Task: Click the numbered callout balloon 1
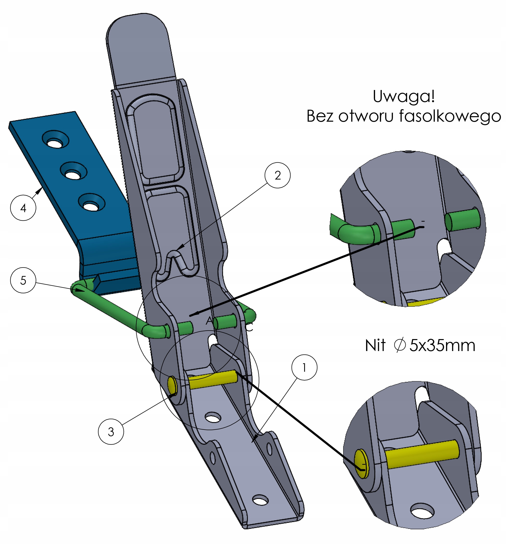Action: pyautogui.click(x=304, y=367)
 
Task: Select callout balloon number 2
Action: pyautogui.click(x=277, y=175)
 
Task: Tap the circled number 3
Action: pyautogui.click(x=111, y=432)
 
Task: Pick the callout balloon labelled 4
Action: pyautogui.click(x=23, y=208)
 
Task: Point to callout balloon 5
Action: pyautogui.click(x=23, y=280)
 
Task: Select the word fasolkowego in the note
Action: pyautogui.click(x=450, y=116)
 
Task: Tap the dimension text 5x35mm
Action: pyautogui.click(x=442, y=345)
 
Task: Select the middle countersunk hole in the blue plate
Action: pyautogui.click(x=73, y=171)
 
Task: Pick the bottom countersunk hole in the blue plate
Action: pyautogui.click(x=92, y=203)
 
